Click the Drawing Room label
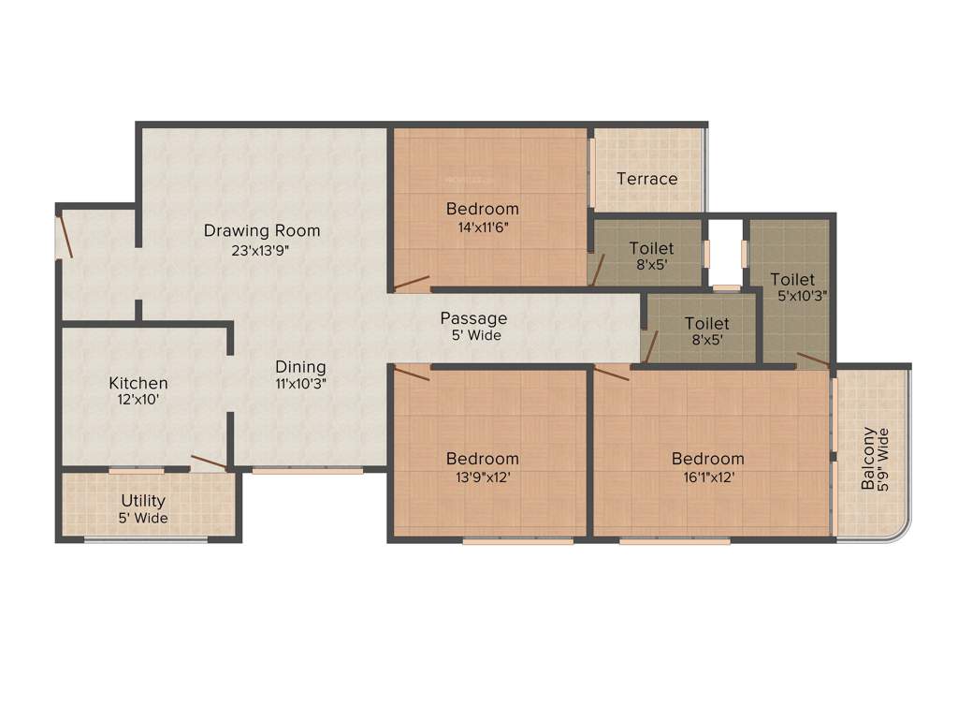[262, 230]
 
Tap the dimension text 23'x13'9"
[262, 250]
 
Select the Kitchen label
[138, 383]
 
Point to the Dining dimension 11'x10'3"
[300, 383]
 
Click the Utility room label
[143, 501]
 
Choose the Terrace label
[646, 178]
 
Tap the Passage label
[473, 318]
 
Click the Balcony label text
[869, 459]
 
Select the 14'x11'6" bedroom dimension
[482, 227]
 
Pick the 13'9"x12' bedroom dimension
[482, 477]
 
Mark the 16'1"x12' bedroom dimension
[707, 477]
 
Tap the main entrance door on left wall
[63, 236]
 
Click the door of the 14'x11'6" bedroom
[412, 282]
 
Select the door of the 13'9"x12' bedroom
[412, 374]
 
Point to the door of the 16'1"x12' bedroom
[612, 374]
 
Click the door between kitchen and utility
[209, 462]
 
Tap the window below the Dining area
[307, 471]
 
